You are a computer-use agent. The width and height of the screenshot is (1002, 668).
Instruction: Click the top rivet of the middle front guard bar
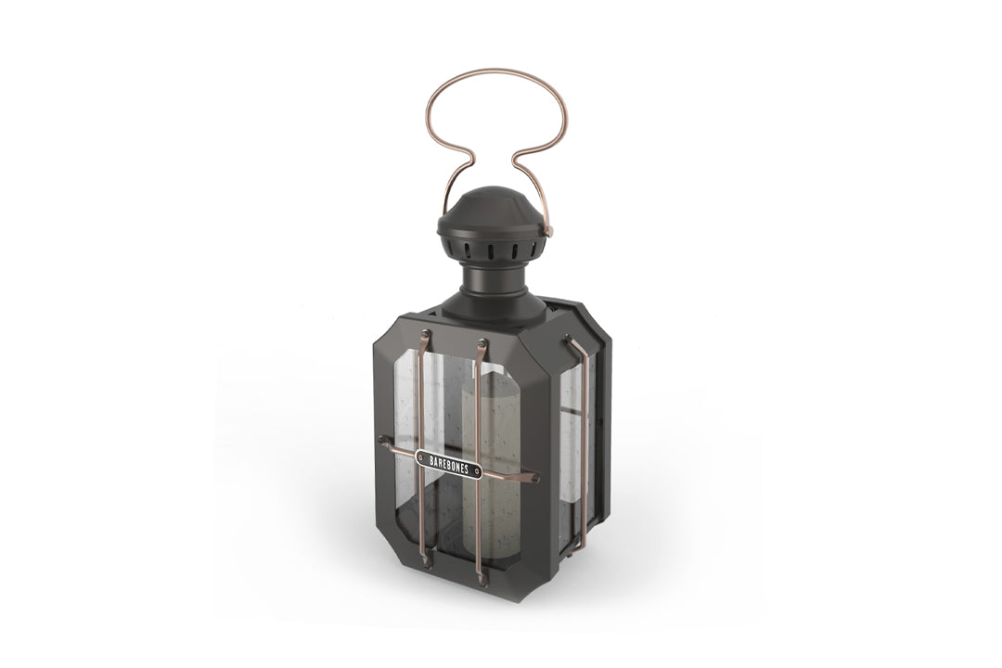click(x=482, y=344)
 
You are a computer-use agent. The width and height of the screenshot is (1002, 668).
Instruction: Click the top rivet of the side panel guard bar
click(x=568, y=342)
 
